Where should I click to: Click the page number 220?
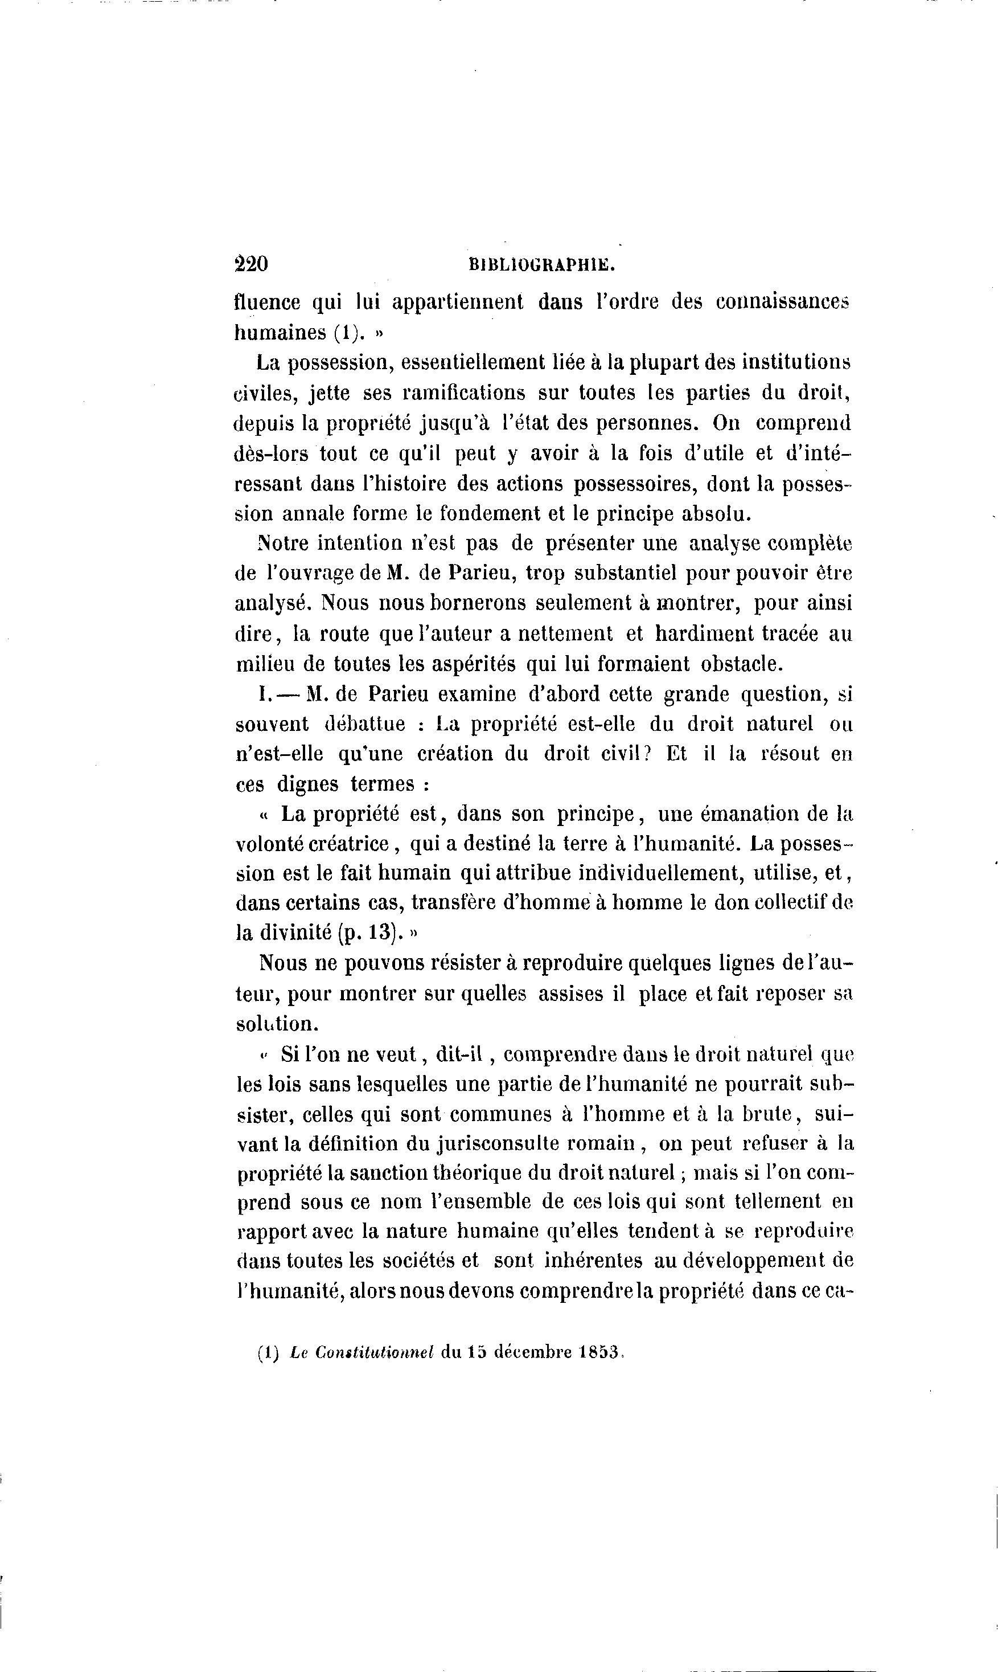point(252,264)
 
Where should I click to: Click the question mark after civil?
point(648,754)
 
